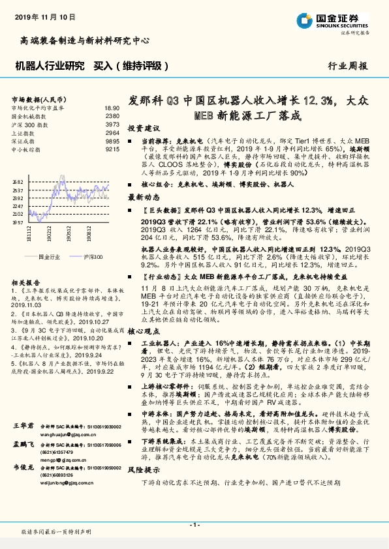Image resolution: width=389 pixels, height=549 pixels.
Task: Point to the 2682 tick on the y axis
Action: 18,182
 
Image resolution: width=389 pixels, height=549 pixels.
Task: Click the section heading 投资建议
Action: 143,128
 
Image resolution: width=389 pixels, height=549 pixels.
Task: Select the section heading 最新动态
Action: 143,196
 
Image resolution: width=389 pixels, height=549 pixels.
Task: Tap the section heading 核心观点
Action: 143,332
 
